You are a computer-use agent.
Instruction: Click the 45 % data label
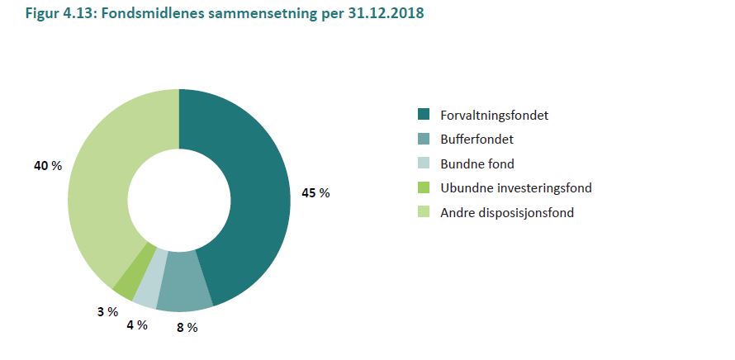point(315,192)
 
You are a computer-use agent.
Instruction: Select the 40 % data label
point(48,166)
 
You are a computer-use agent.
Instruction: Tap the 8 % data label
point(187,327)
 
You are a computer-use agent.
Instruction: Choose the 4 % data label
point(136,324)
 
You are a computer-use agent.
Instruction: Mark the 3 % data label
point(107,311)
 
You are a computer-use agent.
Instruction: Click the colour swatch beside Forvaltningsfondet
point(424,115)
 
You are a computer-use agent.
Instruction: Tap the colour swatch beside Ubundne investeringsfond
point(424,187)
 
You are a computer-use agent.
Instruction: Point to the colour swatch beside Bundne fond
point(424,163)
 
